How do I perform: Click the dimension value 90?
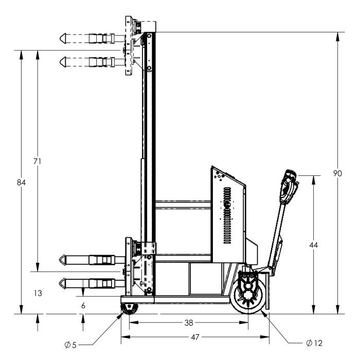337,173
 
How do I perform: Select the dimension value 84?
21,183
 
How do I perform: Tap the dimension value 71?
37,161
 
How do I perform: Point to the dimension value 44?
313,245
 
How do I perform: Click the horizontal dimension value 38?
189,323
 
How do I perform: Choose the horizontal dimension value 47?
195,337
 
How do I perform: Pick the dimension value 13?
38,293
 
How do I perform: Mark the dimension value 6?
83,305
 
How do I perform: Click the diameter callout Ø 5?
70,345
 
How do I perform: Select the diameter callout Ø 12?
314,343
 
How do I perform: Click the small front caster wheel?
129,309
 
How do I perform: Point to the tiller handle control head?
289,187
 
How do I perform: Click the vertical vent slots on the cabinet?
227,215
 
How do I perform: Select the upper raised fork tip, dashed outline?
63,39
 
